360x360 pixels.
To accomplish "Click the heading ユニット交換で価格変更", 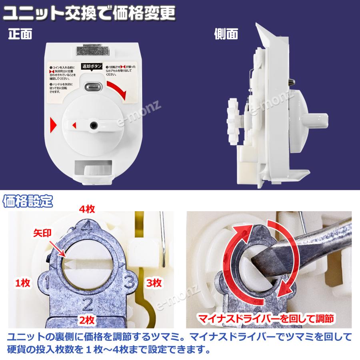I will coord(89,14).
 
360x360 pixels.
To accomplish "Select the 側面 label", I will coord(226,34).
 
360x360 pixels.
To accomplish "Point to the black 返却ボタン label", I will coord(92,66).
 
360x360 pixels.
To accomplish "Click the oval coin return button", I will coord(92,86).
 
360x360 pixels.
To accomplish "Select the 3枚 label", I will coord(153,283).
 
